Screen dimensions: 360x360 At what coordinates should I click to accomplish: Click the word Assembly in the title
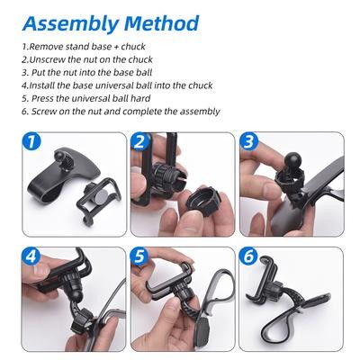point(70,23)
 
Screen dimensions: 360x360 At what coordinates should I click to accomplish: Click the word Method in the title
point(161,22)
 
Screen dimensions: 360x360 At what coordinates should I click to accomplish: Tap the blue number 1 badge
point(31,141)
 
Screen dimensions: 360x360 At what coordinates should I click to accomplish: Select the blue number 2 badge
point(139,141)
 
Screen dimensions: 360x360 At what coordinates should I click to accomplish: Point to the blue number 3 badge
point(248,141)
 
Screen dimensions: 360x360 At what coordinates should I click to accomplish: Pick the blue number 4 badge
point(31,256)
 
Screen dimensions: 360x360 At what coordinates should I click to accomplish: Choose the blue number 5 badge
point(139,256)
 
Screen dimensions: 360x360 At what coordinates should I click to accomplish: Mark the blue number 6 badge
point(248,256)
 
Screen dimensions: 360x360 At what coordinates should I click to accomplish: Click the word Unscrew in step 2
point(48,59)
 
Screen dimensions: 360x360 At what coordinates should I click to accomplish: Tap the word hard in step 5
point(140,98)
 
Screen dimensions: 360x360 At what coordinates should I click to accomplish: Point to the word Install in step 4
point(42,85)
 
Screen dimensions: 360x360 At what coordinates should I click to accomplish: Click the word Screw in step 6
point(44,112)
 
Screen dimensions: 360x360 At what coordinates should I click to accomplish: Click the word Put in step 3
point(38,72)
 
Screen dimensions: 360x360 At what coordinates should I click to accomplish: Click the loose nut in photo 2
point(202,199)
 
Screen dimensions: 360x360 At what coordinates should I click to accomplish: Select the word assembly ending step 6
point(200,112)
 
